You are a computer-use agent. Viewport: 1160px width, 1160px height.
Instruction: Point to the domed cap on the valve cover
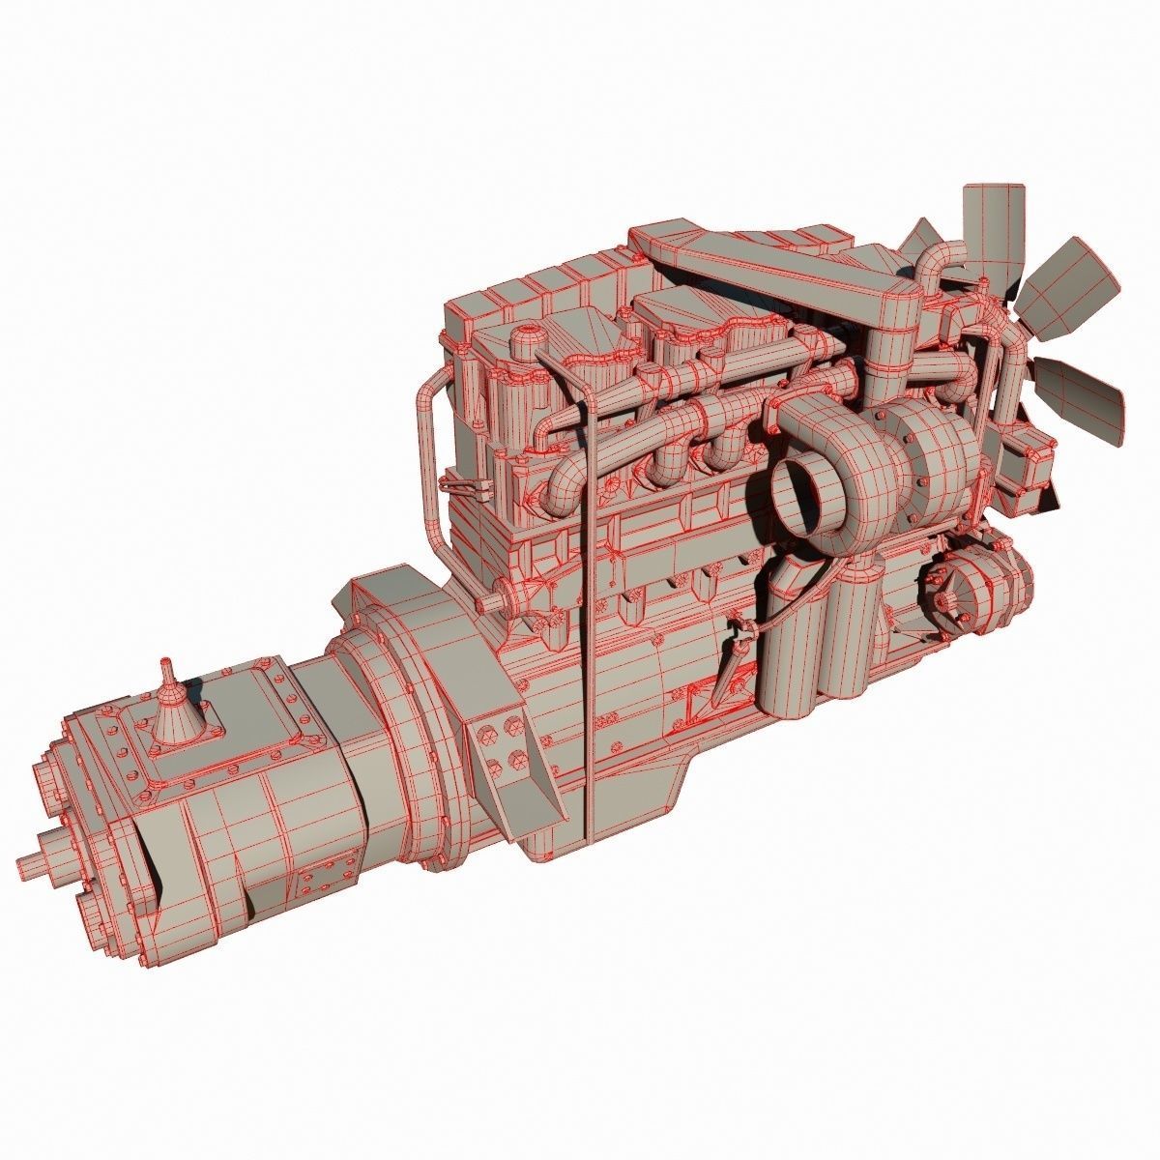(525, 341)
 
